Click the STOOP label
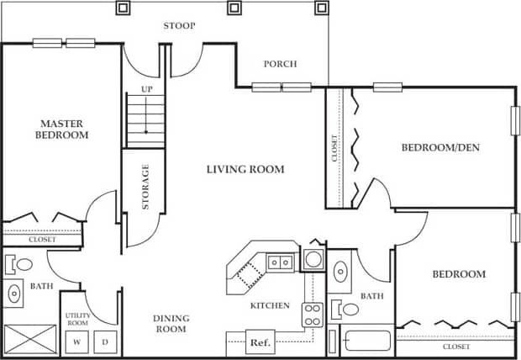coord(179,26)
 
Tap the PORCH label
coord(280,64)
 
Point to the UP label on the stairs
coord(146,88)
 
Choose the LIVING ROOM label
coord(245,169)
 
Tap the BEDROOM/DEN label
coord(439,148)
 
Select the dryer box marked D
coord(106,342)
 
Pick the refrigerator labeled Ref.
coord(258,343)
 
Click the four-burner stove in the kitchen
coord(313,315)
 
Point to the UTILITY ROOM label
coord(78,319)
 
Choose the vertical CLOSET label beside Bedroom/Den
coord(334,148)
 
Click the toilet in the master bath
coord(21,265)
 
